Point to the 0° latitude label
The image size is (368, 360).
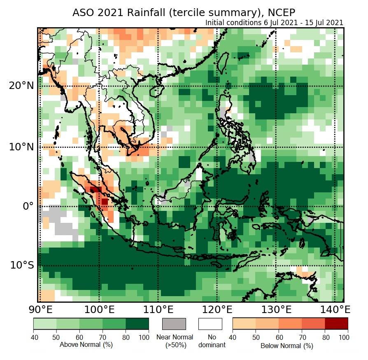[28, 206]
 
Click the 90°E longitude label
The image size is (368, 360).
[40, 309]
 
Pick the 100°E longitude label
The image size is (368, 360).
[99, 309]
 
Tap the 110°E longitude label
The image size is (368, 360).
[158, 309]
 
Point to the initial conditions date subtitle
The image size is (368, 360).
[274, 23]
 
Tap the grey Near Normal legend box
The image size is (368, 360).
[174, 324]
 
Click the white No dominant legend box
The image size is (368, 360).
[210, 324]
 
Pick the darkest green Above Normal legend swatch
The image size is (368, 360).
[137, 324]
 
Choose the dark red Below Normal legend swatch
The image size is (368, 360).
[336, 324]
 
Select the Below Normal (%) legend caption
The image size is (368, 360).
[286, 346]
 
